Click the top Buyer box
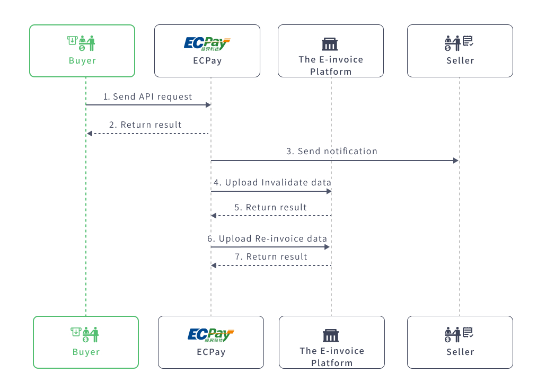(82, 51)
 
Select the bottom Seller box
(460, 342)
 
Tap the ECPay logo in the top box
(207, 43)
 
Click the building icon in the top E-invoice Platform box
(330, 44)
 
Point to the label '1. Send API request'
(147, 97)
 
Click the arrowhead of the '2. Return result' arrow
(90, 134)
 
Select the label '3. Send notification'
(332, 152)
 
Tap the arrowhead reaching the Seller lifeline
(455, 161)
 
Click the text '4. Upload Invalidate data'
(272, 183)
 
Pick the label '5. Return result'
(270, 208)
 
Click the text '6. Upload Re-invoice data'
(267, 239)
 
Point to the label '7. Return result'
(271, 257)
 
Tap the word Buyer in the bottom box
(86, 352)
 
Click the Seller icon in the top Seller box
(459, 43)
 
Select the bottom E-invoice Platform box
(331, 342)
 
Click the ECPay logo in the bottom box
(210, 334)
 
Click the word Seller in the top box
(460, 60)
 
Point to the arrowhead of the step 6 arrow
(327, 247)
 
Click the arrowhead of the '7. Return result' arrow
(214, 265)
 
